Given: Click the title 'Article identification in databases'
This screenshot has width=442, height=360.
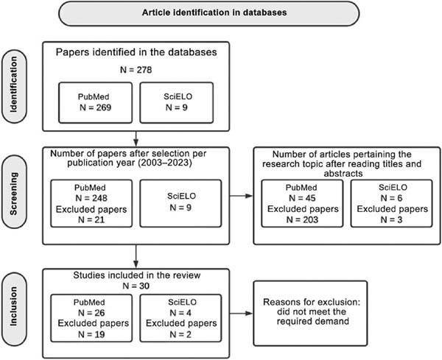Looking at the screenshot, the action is tap(214, 13).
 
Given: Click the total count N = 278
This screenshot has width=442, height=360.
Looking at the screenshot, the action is tap(136, 70).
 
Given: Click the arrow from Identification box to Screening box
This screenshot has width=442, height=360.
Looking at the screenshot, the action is tap(136, 138).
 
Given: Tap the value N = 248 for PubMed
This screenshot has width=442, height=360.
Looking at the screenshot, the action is tap(91, 198).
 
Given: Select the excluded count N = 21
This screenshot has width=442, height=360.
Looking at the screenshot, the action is tap(91, 219).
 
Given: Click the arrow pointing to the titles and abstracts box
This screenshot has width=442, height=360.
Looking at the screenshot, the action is tap(242, 196).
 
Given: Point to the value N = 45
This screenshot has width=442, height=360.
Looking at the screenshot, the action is tap(302, 198).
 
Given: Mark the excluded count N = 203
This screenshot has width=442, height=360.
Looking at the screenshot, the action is tap(302, 219).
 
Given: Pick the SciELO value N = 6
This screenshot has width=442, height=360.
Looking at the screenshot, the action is tap(392, 198).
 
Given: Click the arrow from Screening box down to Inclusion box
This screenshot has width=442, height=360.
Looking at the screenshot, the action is tap(136, 256).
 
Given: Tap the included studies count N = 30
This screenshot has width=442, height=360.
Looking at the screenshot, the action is tap(136, 286).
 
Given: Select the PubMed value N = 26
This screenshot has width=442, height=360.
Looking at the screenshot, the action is tap(91, 313).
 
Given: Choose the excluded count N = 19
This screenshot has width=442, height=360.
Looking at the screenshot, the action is tap(91, 334).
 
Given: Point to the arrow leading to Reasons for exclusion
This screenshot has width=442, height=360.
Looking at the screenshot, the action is tap(242, 313).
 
